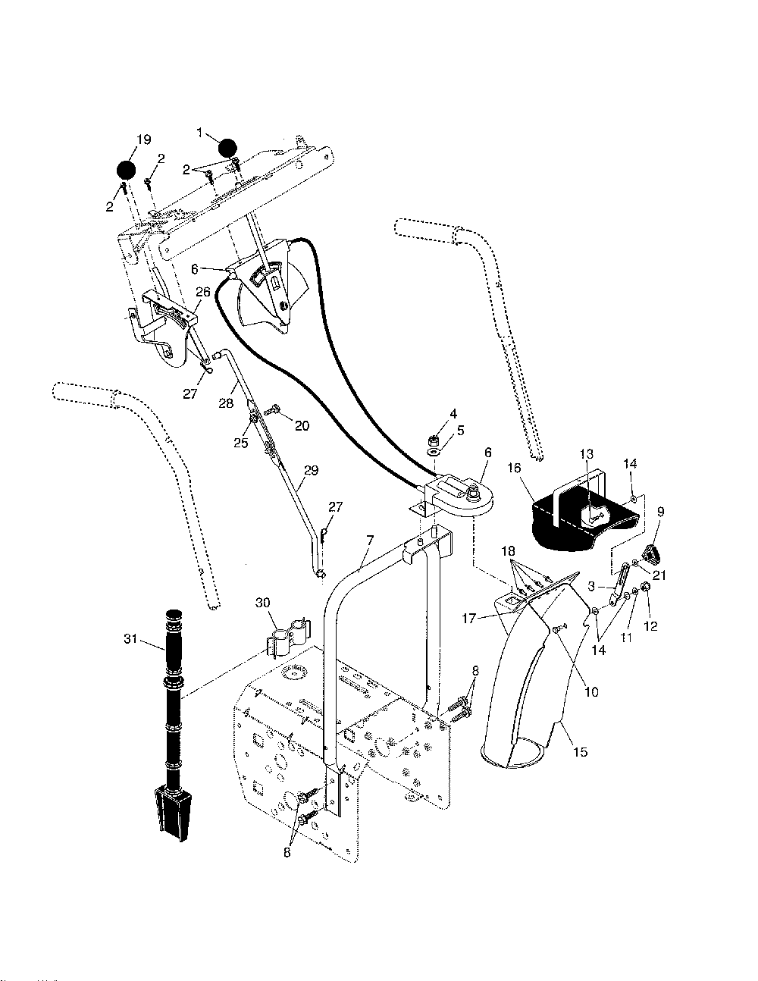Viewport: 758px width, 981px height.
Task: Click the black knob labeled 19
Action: pyautogui.click(x=126, y=171)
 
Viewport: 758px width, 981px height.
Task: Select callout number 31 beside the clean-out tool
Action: pyautogui.click(x=130, y=640)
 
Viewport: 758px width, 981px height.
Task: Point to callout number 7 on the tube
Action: pyautogui.click(x=370, y=540)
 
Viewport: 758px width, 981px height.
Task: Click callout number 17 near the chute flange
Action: pyautogui.click(x=468, y=619)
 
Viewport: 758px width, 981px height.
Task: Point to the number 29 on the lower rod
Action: pyautogui.click(x=312, y=470)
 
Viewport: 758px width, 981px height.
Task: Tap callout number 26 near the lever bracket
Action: pyautogui.click(x=202, y=291)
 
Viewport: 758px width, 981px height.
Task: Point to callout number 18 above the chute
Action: pyautogui.click(x=507, y=550)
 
